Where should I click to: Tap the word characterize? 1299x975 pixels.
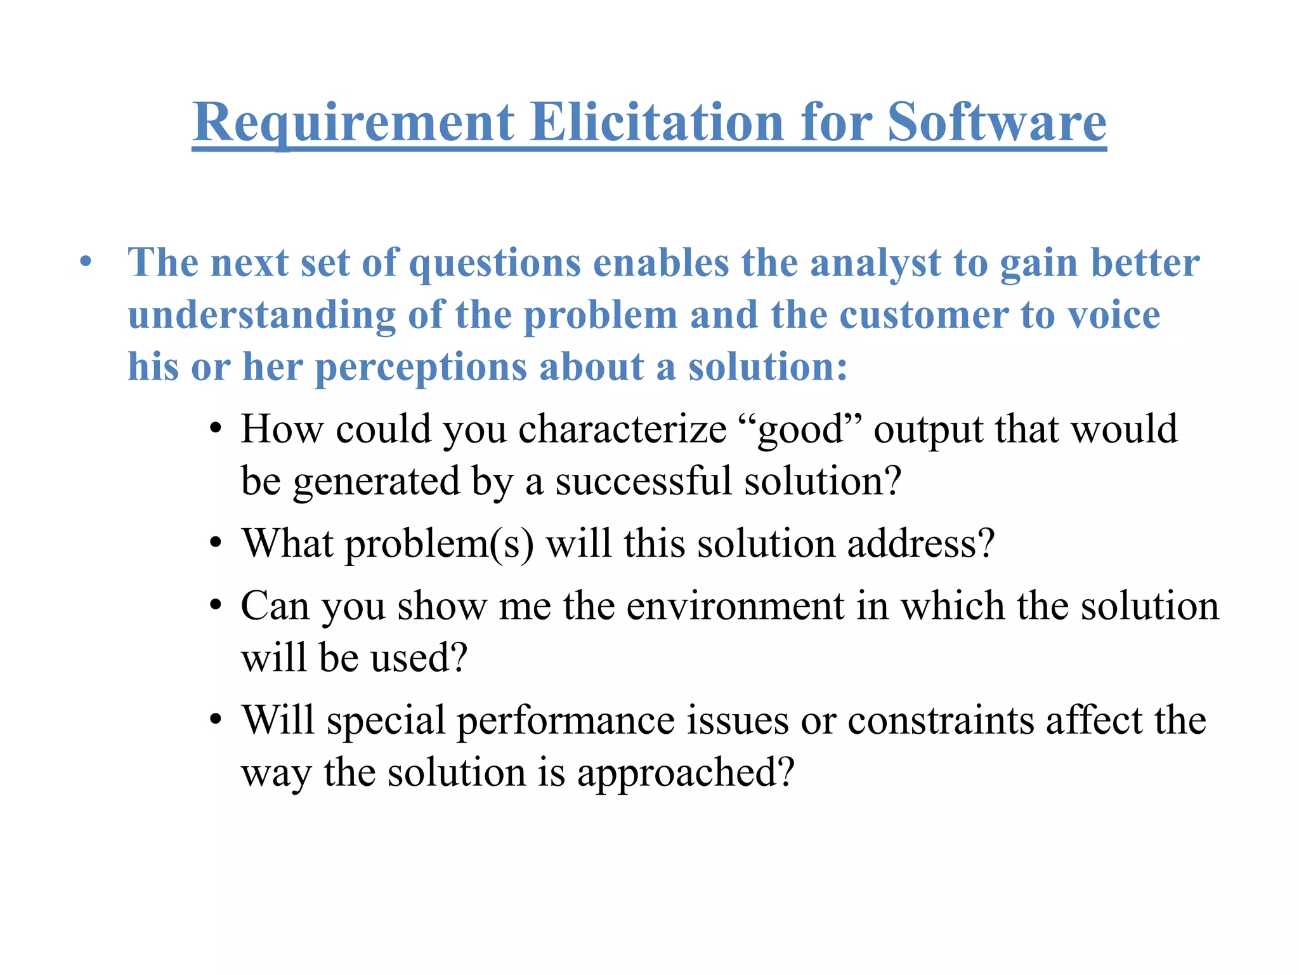(622, 430)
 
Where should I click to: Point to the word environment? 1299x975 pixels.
(735, 606)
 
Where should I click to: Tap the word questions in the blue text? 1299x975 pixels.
(495, 263)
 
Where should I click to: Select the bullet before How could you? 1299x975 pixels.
(216, 429)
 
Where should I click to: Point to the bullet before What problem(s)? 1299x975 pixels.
(216, 543)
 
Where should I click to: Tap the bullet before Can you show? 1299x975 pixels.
(216, 606)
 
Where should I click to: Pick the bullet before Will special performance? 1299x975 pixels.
(216, 720)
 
